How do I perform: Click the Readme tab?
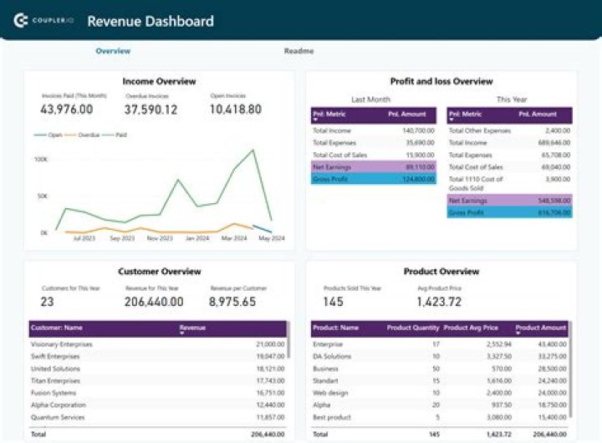pyautogui.click(x=298, y=51)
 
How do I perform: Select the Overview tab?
pyautogui.click(x=113, y=51)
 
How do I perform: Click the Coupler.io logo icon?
pyautogui.click(x=22, y=21)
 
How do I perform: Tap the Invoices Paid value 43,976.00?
pyautogui.click(x=66, y=109)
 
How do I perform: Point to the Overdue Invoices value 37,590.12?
pyautogui.click(x=151, y=109)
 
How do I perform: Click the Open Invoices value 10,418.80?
pyautogui.click(x=235, y=109)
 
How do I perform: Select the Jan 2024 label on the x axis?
pyautogui.click(x=197, y=238)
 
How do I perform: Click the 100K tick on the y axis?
pyautogui.click(x=40, y=159)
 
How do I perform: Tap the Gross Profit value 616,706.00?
pyautogui.click(x=554, y=213)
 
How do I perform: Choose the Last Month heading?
pyautogui.click(x=370, y=99)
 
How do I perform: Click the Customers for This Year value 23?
pyautogui.click(x=48, y=302)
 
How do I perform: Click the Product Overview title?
pyautogui.click(x=441, y=272)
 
